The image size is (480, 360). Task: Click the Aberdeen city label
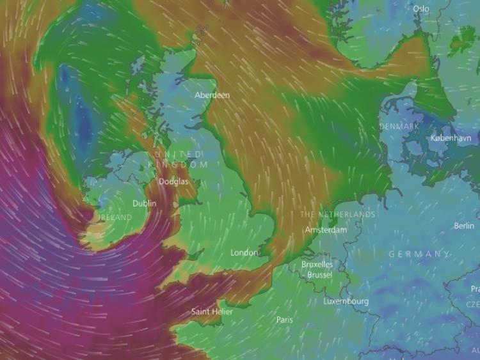coord(212,95)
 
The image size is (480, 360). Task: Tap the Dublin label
coord(144,203)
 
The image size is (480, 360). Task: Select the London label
coord(244,253)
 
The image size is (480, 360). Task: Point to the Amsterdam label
coord(326,230)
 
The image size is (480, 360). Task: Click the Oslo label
coord(421,8)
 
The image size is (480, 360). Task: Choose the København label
coord(451,138)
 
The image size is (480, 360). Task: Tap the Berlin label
coord(464,226)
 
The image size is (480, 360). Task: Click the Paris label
coord(285,319)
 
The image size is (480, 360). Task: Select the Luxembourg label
coord(346,301)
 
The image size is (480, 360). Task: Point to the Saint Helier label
coord(212,312)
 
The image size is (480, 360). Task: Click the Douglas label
coord(173,182)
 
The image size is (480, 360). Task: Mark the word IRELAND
coord(115,217)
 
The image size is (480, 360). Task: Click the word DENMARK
coord(399,127)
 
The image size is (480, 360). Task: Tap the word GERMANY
coord(419,254)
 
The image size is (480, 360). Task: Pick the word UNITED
coord(178,154)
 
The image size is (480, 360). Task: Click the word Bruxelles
coord(317,264)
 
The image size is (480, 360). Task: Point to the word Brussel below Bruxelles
coord(319,274)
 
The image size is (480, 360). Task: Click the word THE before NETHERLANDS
coord(308,214)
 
